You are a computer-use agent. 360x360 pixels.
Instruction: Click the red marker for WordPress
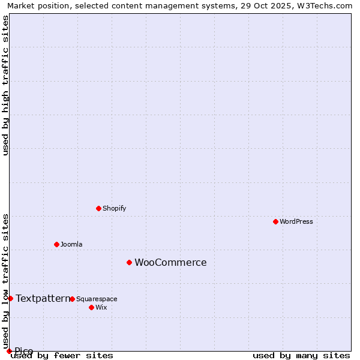[275, 221]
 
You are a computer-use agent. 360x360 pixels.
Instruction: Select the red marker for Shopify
[98, 208]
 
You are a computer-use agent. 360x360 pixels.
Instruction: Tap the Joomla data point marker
[56, 244]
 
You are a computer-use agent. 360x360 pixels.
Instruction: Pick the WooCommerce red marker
[129, 262]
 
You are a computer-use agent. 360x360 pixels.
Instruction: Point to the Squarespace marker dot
[72, 299]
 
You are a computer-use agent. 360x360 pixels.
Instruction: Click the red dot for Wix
[91, 307]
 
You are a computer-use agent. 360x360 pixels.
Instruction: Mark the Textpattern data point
[10, 298]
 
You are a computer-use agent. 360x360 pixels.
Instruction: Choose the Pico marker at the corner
[9, 351]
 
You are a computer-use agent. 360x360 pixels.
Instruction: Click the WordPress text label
[296, 221]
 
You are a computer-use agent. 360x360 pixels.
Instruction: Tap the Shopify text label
[115, 208]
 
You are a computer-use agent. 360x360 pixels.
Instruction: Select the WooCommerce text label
[170, 262]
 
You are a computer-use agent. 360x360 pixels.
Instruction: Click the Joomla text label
[71, 244]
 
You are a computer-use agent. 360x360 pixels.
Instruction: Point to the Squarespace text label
[97, 299]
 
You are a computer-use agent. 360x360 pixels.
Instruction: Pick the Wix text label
[101, 307]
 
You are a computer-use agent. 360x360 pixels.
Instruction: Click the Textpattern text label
[43, 298]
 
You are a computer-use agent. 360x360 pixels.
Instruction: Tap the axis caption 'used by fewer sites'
[62, 356]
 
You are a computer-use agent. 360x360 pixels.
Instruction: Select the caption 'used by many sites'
[301, 356]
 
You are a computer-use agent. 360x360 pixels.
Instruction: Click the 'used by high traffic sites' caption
[6, 85]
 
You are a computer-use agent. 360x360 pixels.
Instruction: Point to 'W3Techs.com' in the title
[326, 5]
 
